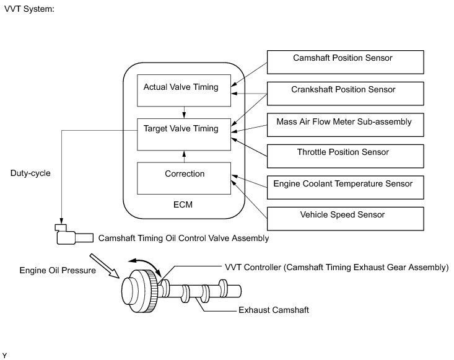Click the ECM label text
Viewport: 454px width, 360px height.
tap(183, 204)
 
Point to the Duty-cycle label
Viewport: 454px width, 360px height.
tap(30, 173)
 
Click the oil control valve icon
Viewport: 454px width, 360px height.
tap(74, 235)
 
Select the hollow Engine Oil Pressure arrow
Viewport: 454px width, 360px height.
tap(104, 266)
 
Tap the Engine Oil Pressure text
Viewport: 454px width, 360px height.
tap(58, 270)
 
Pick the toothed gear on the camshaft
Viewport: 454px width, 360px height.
tap(151, 291)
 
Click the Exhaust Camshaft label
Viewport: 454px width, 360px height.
tap(274, 310)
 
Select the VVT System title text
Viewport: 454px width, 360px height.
tap(29, 9)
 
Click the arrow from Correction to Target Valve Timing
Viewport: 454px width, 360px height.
tap(184, 156)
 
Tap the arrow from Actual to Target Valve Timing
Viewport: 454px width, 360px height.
tap(184, 112)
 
